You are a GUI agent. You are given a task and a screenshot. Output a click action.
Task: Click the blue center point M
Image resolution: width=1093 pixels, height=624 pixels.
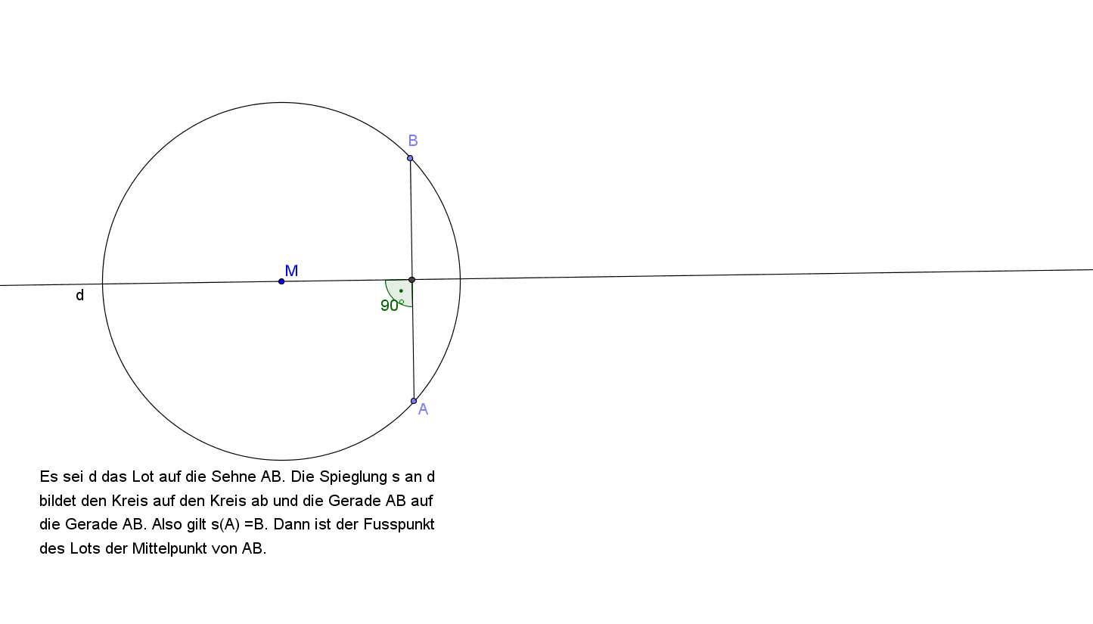coord(281,281)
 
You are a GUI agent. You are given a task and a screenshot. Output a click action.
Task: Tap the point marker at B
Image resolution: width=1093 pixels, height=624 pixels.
coord(410,158)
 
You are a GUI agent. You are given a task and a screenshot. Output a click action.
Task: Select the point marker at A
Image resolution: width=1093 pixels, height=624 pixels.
coord(414,401)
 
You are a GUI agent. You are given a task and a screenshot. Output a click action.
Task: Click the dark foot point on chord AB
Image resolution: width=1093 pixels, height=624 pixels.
coord(411,280)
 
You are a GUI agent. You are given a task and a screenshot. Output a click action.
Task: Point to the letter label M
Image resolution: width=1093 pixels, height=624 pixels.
coord(291,270)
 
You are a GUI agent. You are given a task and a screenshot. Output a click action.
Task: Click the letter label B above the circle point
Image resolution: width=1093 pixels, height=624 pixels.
coord(413,141)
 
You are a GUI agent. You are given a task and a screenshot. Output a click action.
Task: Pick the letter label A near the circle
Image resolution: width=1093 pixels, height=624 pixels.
coord(423,409)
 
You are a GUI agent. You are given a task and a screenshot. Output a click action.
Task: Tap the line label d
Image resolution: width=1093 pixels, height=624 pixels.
coord(80,295)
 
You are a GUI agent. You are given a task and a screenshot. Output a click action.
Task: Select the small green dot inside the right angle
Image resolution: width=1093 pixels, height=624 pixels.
coord(401,290)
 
